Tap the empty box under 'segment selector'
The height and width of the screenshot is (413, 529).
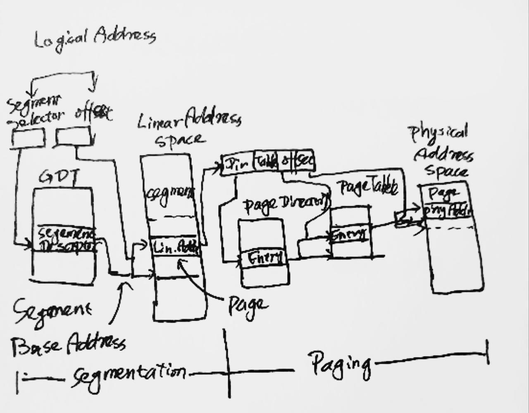(x=28, y=138)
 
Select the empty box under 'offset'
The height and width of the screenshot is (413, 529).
(x=73, y=137)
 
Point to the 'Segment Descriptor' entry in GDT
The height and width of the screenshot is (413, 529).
(x=66, y=240)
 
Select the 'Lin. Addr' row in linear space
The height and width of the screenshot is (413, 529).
(x=175, y=248)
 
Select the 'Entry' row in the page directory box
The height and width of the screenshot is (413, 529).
(x=265, y=259)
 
